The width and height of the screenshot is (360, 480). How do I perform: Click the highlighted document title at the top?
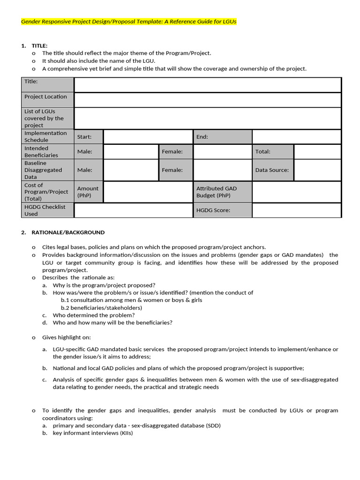(x=129, y=22)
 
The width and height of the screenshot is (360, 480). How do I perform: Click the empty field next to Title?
(x=207, y=85)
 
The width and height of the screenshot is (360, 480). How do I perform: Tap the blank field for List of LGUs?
(x=207, y=118)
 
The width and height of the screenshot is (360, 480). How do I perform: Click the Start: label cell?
(x=89, y=137)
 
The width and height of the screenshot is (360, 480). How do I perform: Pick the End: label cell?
(x=222, y=137)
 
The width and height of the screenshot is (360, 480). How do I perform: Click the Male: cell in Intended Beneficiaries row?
(x=89, y=152)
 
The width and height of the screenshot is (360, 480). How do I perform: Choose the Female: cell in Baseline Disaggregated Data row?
(x=176, y=170)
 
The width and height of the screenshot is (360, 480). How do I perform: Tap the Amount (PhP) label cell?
(x=89, y=192)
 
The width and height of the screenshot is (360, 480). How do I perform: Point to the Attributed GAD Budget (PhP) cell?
(x=222, y=192)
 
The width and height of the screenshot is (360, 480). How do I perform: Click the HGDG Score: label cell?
(x=222, y=210)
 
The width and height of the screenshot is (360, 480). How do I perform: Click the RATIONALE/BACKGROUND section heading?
(x=68, y=232)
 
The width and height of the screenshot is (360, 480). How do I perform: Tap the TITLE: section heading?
(x=39, y=45)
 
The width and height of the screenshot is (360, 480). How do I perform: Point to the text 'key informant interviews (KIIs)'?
(x=93, y=433)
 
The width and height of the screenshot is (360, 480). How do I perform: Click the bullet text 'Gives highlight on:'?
(x=67, y=337)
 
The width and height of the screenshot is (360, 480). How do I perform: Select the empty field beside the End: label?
(x=296, y=137)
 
